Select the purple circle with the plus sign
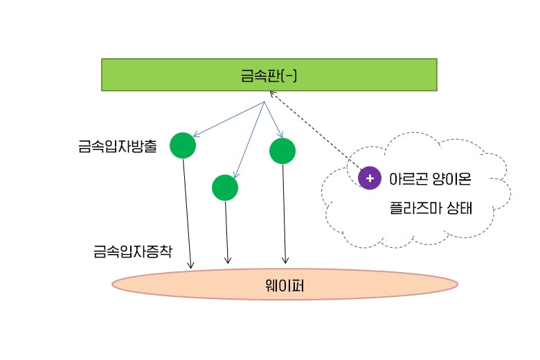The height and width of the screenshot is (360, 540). [x=370, y=178]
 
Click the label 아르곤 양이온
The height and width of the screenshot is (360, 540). [x=430, y=179]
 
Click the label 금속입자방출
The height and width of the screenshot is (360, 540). [x=118, y=147]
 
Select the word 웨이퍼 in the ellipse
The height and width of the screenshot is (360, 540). [x=285, y=284]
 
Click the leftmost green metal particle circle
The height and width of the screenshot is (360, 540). [x=183, y=145]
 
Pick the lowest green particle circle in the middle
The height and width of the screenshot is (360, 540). [x=225, y=187]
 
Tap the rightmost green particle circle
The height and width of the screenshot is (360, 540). [x=282, y=151]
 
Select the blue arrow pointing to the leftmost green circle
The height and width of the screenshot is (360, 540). [x=228, y=119]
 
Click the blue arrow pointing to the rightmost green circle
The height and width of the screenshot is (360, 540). [x=273, y=120]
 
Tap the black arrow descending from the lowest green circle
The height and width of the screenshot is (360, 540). [x=227, y=232]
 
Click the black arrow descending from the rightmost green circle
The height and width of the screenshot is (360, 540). [x=285, y=215]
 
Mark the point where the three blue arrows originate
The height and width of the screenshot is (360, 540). [x=264, y=103]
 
